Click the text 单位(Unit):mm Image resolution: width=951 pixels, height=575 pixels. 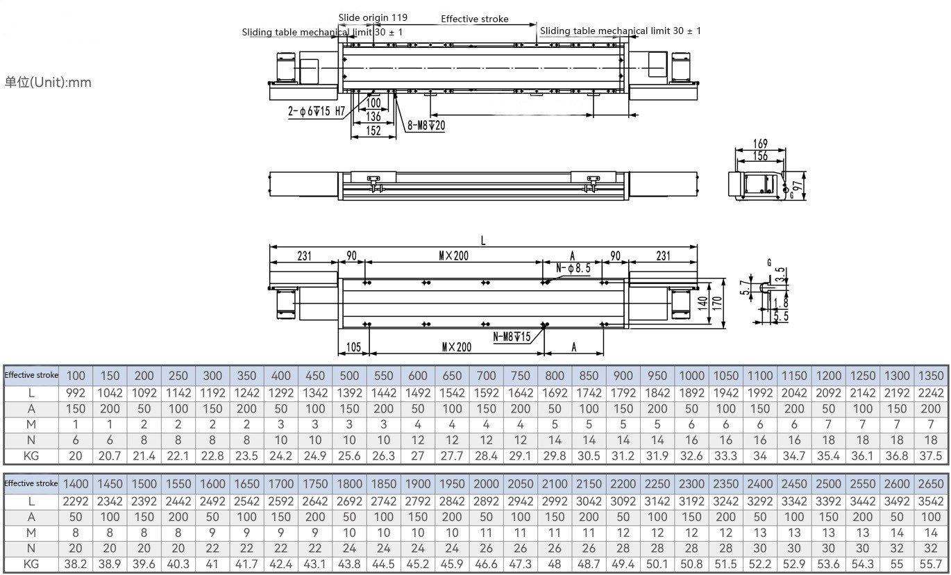(x=48, y=83)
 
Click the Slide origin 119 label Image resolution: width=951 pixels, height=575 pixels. (x=373, y=17)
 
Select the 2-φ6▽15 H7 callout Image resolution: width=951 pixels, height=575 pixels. (x=317, y=111)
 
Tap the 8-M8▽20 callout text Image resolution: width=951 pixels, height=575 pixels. (x=426, y=126)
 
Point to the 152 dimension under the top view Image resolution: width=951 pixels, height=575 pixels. (x=373, y=131)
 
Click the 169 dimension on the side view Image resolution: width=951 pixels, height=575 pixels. (x=760, y=144)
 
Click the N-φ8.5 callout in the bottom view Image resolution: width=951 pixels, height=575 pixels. (x=573, y=267)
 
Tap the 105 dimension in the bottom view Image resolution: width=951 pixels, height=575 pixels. (x=353, y=347)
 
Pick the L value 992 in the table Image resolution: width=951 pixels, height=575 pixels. (x=76, y=393)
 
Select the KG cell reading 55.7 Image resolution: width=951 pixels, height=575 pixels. (x=931, y=564)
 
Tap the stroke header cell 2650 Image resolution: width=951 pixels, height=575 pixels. (x=931, y=484)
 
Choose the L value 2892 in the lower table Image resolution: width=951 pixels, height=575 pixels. (x=486, y=501)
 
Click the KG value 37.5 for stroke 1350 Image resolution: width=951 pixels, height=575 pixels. (x=931, y=456)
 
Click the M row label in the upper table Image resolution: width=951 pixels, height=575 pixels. (x=31, y=424)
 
